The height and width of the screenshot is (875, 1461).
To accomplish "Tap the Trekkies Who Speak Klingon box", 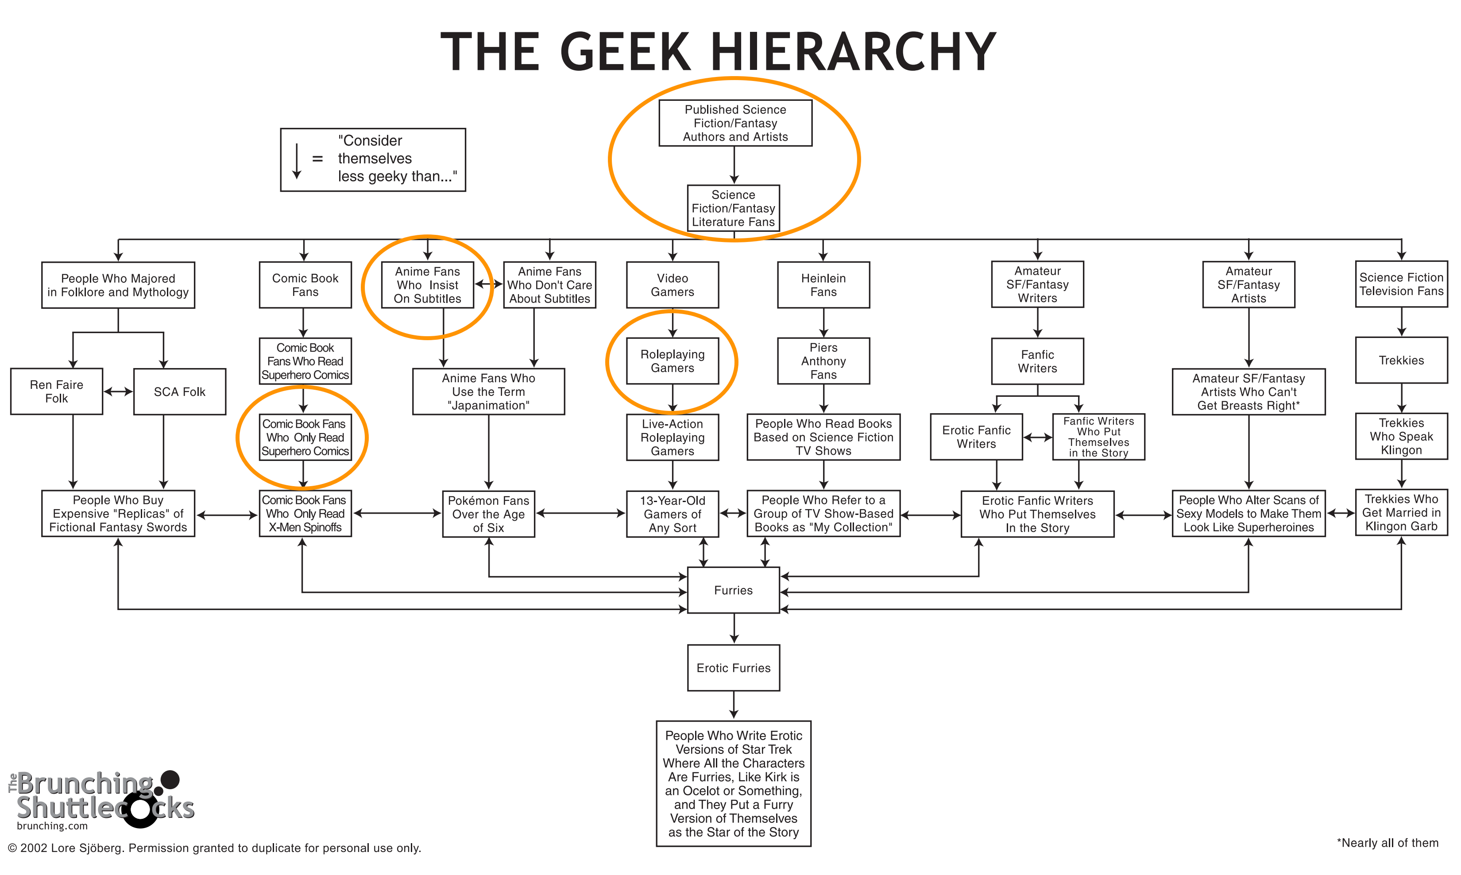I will [x=1401, y=436].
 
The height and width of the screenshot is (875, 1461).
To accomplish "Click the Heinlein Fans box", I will [x=823, y=285].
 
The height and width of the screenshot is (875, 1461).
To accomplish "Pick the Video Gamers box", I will [x=672, y=285].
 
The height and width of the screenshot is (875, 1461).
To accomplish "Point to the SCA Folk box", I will [x=179, y=391].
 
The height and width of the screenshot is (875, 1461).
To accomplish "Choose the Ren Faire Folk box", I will [x=57, y=391].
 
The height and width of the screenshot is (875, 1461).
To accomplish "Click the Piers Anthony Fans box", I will [x=823, y=361].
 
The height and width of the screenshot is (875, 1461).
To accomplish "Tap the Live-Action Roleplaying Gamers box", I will [x=672, y=437].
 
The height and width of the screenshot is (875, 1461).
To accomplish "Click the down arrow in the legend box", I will [x=297, y=161].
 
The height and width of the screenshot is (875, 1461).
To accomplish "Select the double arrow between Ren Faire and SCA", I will [x=118, y=391].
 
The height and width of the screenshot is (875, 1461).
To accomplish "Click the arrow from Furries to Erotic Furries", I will [x=734, y=629].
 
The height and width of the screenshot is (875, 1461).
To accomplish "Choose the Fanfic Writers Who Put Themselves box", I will [x=1098, y=437].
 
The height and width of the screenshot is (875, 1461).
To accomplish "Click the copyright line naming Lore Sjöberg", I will [x=214, y=848].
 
